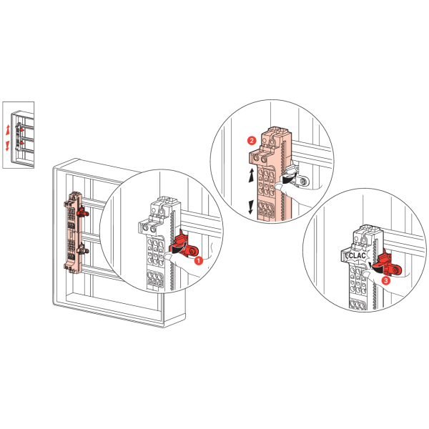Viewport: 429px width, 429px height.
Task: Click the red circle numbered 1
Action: point(199,260)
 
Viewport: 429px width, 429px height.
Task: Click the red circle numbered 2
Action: point(252,141)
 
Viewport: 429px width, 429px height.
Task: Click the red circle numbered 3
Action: point(386,280)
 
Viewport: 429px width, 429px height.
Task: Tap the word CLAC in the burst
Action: point(357,256)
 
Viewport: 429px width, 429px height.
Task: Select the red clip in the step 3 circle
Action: point(388,265)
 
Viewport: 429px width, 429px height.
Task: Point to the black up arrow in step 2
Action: point(251,175)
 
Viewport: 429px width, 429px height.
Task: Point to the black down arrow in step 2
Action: point(251,207)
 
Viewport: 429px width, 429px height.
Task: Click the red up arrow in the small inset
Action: point(8,129)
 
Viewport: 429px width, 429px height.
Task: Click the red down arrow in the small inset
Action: point(7,146)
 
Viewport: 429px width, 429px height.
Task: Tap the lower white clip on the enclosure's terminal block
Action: point(82,249)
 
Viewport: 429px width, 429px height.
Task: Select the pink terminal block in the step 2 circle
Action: point(270,175)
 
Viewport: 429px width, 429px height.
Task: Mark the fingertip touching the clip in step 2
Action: point(279,187)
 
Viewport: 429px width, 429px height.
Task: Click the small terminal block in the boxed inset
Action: point(19,137)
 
